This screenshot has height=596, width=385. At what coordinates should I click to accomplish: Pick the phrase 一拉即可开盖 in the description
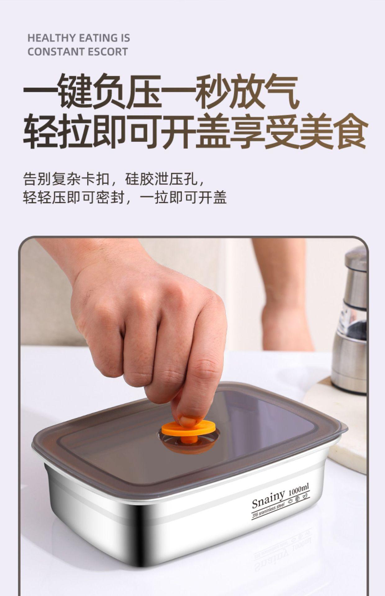(183, 198)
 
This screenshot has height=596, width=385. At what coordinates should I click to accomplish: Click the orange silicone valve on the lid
(188, 428)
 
